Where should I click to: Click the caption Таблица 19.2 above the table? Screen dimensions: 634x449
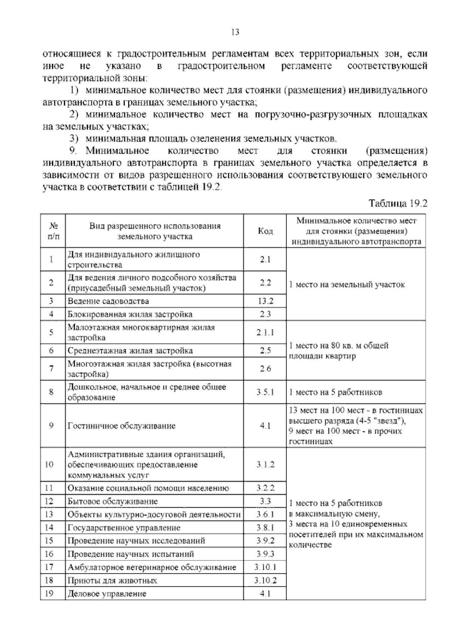tap(398, 203)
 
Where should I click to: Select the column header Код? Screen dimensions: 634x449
tap(265, 231)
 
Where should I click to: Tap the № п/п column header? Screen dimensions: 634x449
tap(53, 231)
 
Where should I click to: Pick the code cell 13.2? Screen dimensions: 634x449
tap(265, 301)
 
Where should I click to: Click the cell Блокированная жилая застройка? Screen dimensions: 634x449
tap(130, 314)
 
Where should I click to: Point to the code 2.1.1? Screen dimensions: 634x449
tap(265, 332)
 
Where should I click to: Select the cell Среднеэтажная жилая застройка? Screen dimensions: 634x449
tap(130, 351)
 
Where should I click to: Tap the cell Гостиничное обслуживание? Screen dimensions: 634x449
tap(122, 426)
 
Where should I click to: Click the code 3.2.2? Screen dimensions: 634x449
tap(265, 488)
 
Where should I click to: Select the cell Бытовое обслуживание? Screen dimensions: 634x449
tap(113, 501)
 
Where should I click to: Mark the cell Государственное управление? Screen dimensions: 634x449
tap(124, 528)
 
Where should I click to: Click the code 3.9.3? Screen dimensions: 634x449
tap(265, 554)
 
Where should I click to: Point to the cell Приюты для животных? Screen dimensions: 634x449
tap(112, 581)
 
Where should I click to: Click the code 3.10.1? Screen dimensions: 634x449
tap(265, 567)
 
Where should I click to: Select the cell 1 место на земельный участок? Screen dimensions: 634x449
tap(347, 284)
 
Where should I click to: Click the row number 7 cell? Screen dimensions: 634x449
tap(51, 369)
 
